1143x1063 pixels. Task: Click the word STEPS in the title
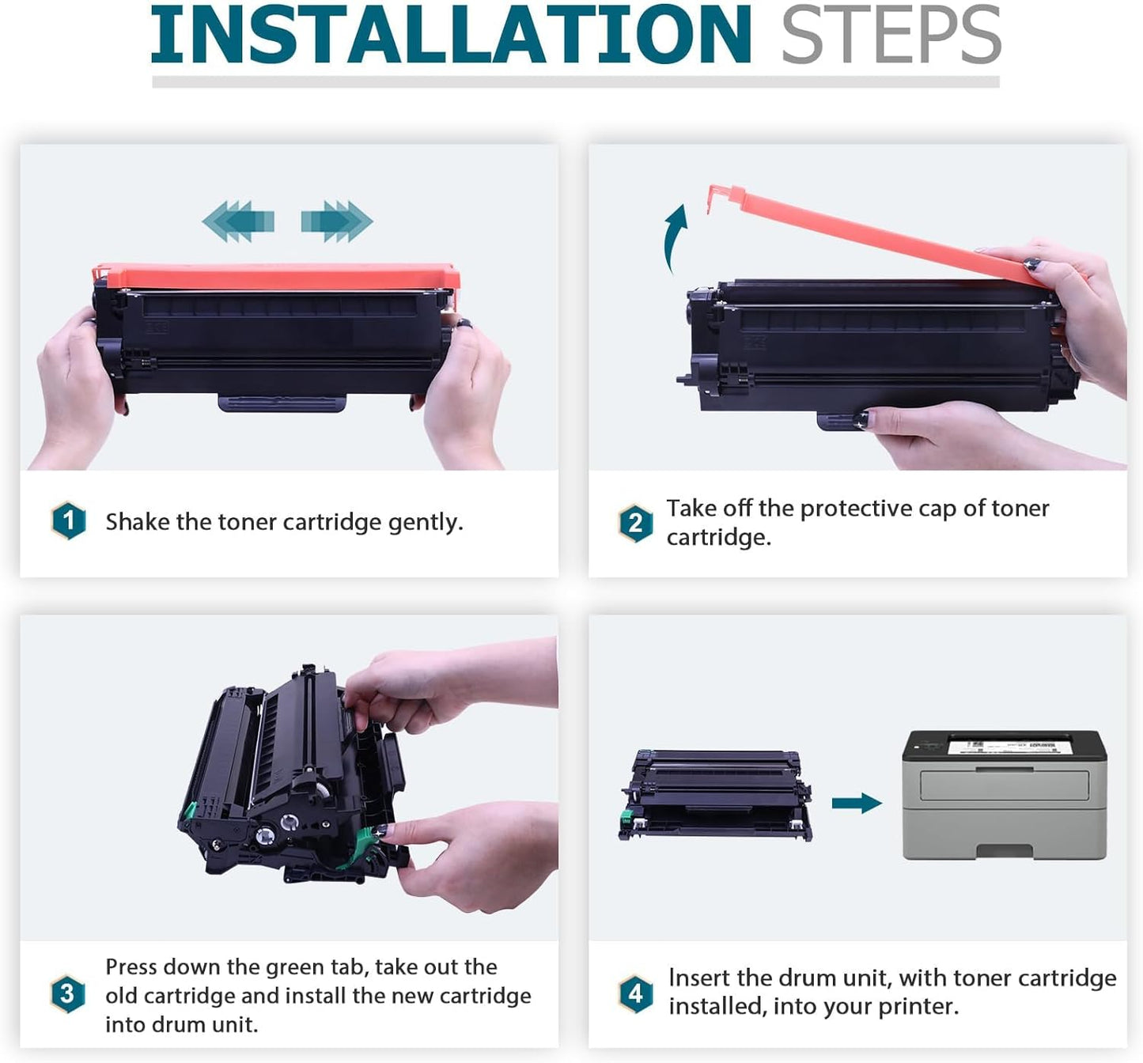891,34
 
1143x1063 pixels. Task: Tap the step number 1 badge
69,521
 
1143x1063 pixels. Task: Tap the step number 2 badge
635,523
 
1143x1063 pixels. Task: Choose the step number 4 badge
636,994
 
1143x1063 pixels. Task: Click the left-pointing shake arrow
238,221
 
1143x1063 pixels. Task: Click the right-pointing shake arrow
337,221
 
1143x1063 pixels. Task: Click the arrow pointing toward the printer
857,803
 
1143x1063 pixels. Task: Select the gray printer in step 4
1005,795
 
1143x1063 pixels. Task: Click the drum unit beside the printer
715,796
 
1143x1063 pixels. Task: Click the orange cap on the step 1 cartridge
276,277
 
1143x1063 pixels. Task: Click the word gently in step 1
426,523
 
